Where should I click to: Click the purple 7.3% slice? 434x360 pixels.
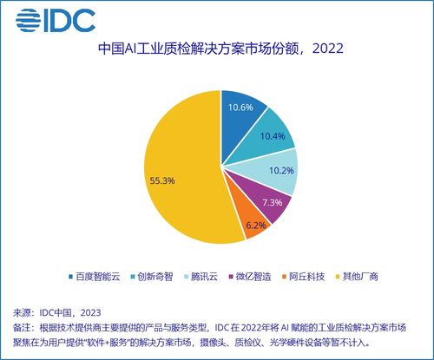[270, 205]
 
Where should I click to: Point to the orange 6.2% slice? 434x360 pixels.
[253, 224]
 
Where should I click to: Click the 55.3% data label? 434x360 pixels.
[162, 180]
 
